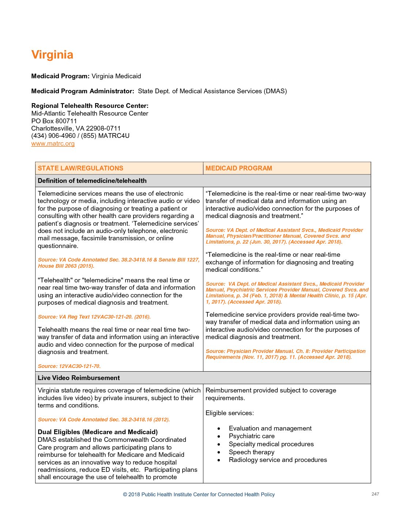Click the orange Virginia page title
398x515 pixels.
tap(52, 55)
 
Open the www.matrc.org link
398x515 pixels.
tap(53, 143)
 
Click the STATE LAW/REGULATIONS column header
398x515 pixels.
tap(80, 168)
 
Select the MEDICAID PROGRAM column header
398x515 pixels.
tap(239, 168)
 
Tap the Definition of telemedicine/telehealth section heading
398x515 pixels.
tap(92, 181)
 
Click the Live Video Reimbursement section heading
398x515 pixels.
tap(79, 378)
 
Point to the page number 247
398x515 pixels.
tap(375, 494)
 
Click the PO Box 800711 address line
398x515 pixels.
tap(54, 121)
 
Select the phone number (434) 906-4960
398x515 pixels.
tap(53, 136)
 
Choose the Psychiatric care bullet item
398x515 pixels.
tap(252, 436)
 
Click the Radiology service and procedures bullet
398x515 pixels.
tap(278, 460)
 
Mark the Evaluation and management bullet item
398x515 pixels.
tap(270, 428)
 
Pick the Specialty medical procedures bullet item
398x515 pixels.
tap(271, 444)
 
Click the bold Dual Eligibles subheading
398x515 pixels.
tap(98, 432)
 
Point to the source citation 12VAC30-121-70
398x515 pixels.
tap(69, 366)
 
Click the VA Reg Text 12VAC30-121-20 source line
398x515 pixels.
tap(94, 317)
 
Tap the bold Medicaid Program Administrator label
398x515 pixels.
tap(83, 91)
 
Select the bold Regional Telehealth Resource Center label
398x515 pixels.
tap(90, 106)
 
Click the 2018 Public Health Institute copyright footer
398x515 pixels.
tap(199, 495)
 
